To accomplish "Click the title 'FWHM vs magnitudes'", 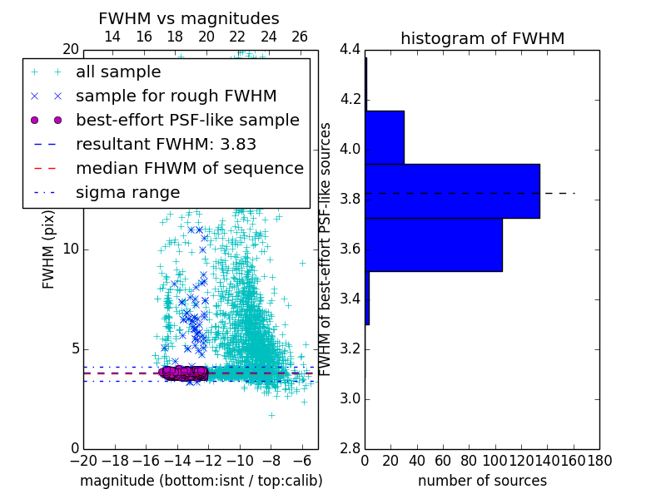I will [x=189, y=18].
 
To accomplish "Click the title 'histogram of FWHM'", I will [x=482, y=38].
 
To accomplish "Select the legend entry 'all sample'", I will [x=118, y=72].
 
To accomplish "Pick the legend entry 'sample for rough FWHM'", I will [x=176, y=96].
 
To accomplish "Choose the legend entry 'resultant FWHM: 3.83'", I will [x=166, y=145].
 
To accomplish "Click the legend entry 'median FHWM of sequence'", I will [x=189, y=169].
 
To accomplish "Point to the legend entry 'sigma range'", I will [x=127, y=193].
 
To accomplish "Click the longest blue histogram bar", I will [x=452, y=190].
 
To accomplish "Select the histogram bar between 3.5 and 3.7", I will [x=434, y=245].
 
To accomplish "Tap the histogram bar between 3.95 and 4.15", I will [x=385, y=137].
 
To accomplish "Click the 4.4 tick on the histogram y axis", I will [x=350, y=50].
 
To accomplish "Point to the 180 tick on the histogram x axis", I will [x=599, y=459].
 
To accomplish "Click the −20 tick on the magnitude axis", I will [x=83, y=459].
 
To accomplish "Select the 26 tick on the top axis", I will [x=300, y=37].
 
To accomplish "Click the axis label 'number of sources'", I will [x=482, y=481].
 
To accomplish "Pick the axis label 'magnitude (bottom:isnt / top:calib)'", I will [x=201, y=481].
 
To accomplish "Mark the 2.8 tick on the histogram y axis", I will [x=350, y=448].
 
